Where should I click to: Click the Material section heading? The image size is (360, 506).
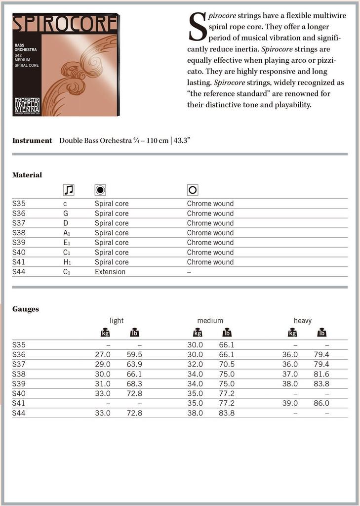point(27,175)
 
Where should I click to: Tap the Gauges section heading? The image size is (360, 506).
point(26,309)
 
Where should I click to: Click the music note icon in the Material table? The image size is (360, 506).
point(69,190)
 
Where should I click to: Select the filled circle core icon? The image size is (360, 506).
point(100,190)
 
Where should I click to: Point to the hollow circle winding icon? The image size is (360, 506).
point(193,190)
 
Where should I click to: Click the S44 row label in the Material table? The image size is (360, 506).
point(19,272)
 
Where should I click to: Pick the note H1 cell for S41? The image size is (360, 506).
point(67,262)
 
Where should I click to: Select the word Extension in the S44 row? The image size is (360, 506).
point(110,272)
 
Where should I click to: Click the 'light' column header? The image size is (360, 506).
point(117,321)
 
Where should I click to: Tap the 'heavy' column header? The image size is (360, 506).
point(303,321)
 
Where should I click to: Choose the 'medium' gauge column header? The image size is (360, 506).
point(210,321)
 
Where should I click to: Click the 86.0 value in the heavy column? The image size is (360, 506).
point(321,403)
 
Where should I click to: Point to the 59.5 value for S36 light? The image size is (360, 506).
point(134,355)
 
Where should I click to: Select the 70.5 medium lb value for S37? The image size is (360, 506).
point(227,364)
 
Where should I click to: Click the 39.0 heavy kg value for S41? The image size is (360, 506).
point(290,403)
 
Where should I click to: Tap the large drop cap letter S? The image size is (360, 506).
point(198,27)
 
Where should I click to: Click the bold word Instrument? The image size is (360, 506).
point(32,141)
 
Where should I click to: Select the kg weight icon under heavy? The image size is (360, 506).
point(292,333)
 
